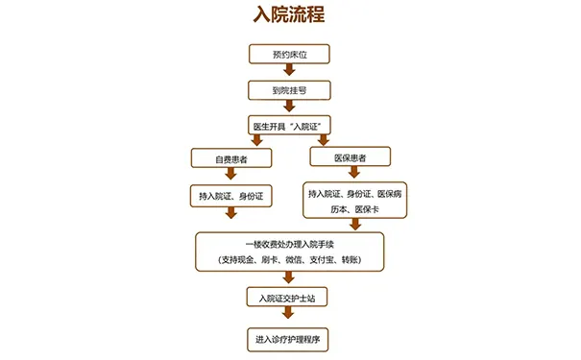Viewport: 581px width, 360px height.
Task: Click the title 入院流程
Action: (x=289, y=16)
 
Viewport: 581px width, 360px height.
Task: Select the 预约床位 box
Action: (x=289, y=54)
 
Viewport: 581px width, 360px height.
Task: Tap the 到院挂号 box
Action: (x=289, y=90)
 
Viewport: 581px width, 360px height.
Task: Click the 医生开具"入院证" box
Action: (x=289, y=126)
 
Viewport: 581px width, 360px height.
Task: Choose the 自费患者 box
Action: (x=230, y=157)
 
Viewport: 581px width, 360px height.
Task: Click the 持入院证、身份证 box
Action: (x=230, y=196)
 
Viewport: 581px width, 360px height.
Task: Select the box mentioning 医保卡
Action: (x=354, y=200)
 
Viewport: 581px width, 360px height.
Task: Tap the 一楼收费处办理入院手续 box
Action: (x=289, y=251)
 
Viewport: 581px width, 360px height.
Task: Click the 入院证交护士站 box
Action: (x=289, y=297)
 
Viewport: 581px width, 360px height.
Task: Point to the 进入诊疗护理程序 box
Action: (x=289, y=339)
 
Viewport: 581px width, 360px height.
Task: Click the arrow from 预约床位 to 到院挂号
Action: (x=289, y=72)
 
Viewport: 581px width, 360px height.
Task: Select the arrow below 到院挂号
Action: (x=289, y=108)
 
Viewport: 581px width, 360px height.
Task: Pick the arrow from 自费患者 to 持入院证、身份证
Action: (x=230, y=176)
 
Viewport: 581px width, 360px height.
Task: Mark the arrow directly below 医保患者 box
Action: (x=353, y=174)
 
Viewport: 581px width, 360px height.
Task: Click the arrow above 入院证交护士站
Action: (x=289, y=277)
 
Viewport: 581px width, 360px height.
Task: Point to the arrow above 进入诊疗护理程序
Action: (x=289, y=318)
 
